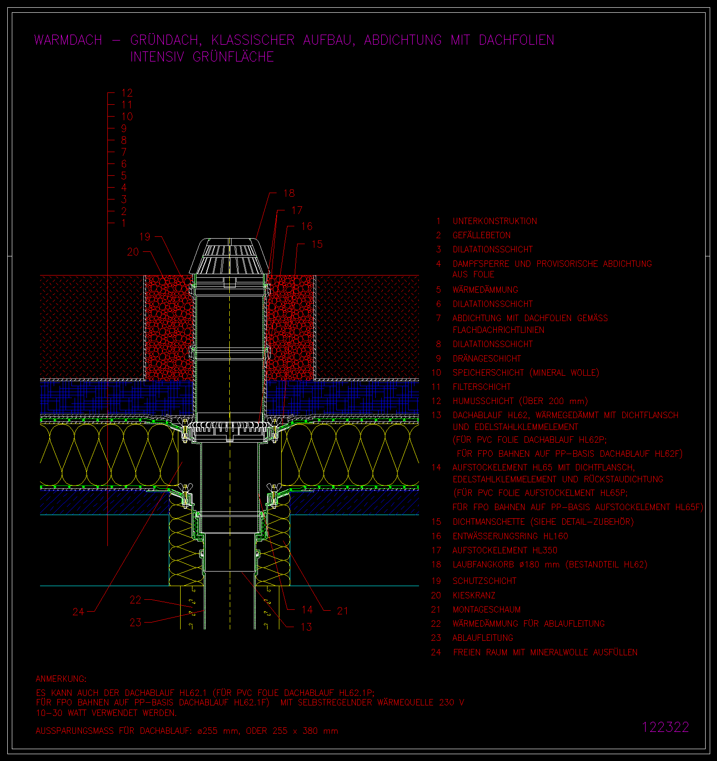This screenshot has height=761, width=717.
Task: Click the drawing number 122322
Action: point(666,727)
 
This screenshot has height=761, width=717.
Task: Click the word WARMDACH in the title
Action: point(68,40)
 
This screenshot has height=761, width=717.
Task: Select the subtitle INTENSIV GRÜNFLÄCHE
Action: point(202,57)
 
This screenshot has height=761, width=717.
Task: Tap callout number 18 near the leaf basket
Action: point(289,193)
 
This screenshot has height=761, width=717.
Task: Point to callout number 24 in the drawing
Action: point(78,612)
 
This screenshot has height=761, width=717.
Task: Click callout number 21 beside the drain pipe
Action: point(343,611)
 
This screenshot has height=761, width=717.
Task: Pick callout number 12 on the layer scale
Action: point(127,93)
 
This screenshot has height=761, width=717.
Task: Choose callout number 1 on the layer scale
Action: point(124,223)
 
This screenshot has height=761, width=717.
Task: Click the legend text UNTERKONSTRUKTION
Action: point(495,221)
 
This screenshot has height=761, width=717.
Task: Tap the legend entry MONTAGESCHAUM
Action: point(486,609)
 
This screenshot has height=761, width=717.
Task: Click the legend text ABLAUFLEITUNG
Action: point(483,638)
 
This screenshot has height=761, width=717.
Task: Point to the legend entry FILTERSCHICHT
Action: point(481,387)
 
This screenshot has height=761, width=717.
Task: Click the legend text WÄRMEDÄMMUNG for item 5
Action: point(485,290)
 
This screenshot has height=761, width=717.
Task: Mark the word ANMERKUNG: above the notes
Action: point(61,679)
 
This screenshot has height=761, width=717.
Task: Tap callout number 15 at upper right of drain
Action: point(317,244)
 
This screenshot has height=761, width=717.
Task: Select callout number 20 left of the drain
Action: point(133,252)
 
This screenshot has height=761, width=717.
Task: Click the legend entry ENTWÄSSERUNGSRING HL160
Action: point(510,536)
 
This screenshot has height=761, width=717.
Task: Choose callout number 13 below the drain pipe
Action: point(306,627)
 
